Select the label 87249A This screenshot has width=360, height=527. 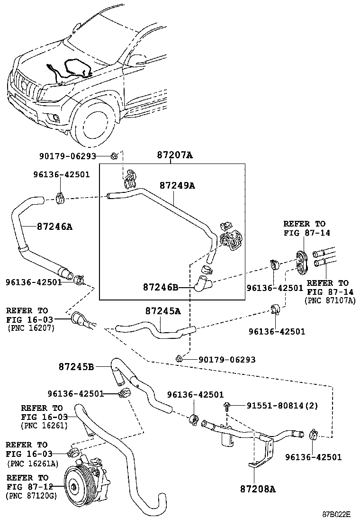pos(177,186)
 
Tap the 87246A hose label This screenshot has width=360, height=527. pos(54,227)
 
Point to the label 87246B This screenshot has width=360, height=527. pos(161,287)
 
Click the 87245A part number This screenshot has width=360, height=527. pos(163,311)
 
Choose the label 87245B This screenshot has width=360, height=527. pos(77,366)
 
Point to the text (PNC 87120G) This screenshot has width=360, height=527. pos(29,495)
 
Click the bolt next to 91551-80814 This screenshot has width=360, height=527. pos(226,405)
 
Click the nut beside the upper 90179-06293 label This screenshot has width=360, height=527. pos(114,155)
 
